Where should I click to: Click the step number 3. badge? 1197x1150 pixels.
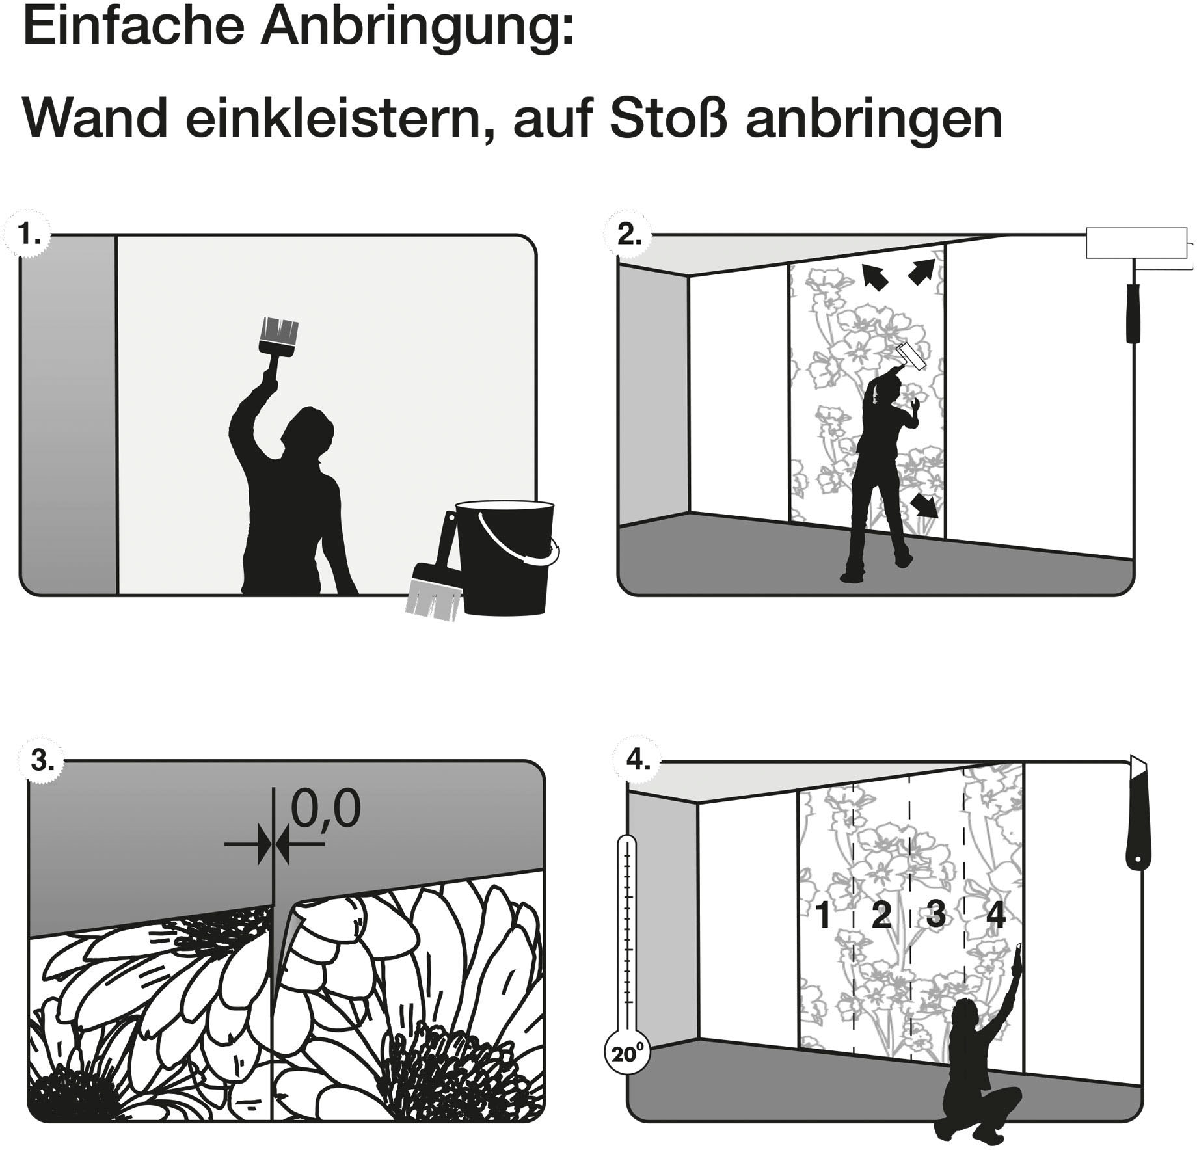[x=42, y=760]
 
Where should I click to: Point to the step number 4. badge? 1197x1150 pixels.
[x=638, y=760]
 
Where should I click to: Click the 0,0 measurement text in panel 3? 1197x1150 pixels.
[x=325, y=809]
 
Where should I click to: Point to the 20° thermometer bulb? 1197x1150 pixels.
[x=626, y=1053]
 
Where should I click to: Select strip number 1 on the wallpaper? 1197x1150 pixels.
[x=823, y=915]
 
